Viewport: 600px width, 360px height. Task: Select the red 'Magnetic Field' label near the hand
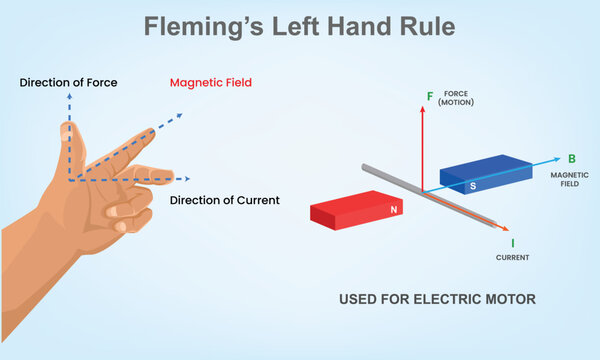pyautogui.click(x=212, y=82)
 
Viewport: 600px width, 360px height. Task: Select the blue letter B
pyautogui.click(x=571, y=158)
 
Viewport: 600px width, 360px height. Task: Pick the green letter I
pyautogui.click(x=512, y=242)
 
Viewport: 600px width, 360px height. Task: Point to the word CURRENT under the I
pyautogui.click(x=512, y=257)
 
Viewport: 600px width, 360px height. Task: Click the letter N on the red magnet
pyautogui.click(x=393, y=210)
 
